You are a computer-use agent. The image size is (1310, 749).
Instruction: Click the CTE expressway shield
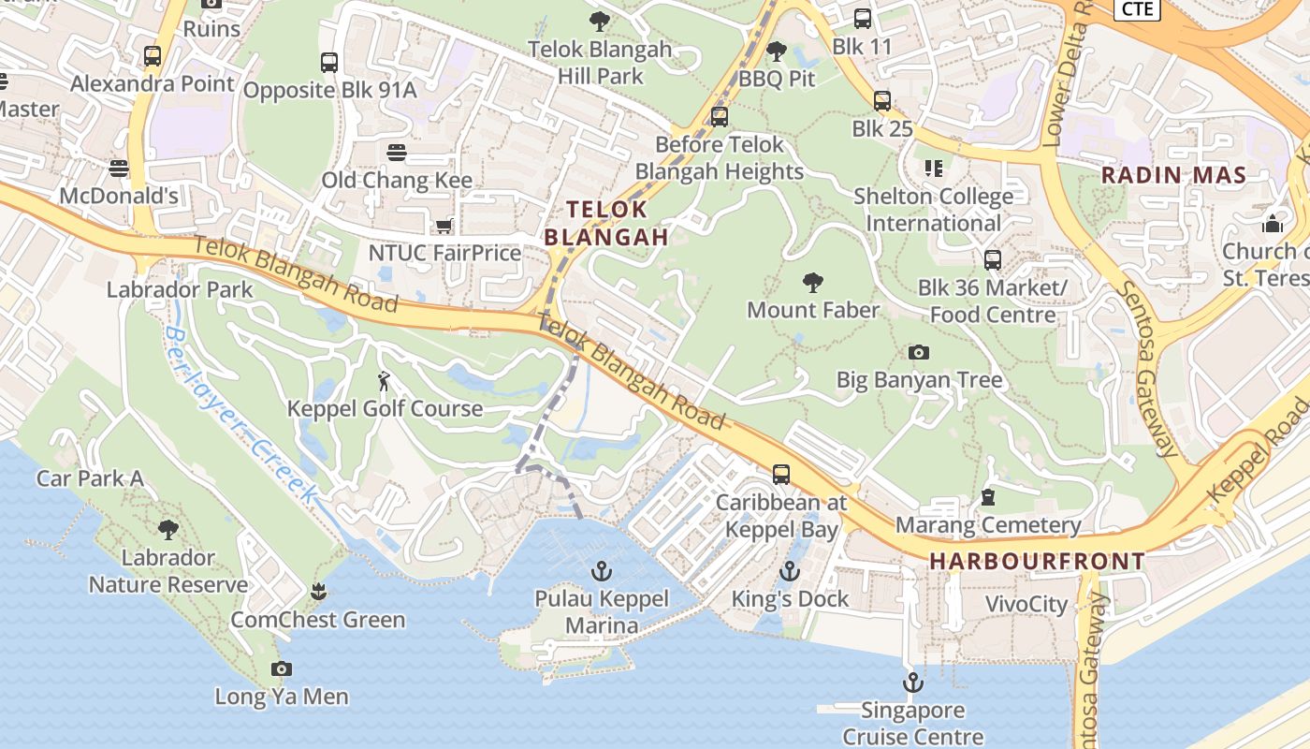[x=1137, y=8]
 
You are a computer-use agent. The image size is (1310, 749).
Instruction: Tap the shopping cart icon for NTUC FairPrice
[x=444, y=226]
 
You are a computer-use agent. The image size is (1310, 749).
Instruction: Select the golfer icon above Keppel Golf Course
[x=384, y=381]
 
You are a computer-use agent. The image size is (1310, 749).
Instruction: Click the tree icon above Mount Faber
[x=813, y=282]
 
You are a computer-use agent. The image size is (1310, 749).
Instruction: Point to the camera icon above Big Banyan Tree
[x=919, y=352]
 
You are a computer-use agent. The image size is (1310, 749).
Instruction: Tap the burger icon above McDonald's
[x=118, y=169]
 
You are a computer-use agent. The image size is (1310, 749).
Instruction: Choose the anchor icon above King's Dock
[x=790, y=570]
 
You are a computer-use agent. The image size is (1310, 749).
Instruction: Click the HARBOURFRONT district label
[x=1037, y=562]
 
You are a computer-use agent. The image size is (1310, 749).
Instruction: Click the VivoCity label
[x=1026, y=604]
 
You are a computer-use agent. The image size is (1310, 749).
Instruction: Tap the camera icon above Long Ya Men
[x=281, y=668]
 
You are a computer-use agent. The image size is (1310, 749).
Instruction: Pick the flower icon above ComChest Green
[x=318, y=592]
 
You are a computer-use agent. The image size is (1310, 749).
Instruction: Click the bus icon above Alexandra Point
[x=153, y=56]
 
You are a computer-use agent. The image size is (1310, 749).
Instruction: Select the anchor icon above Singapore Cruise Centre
[x=912, y=682]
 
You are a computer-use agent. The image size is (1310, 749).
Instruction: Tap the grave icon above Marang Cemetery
[x=988, y=497]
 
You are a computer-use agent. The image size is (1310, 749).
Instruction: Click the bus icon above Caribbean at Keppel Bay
[x=781, y=475]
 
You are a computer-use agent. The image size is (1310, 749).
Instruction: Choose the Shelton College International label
[x=933, y=210]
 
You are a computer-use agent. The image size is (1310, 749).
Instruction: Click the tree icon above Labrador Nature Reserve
[x=168, y=530]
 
